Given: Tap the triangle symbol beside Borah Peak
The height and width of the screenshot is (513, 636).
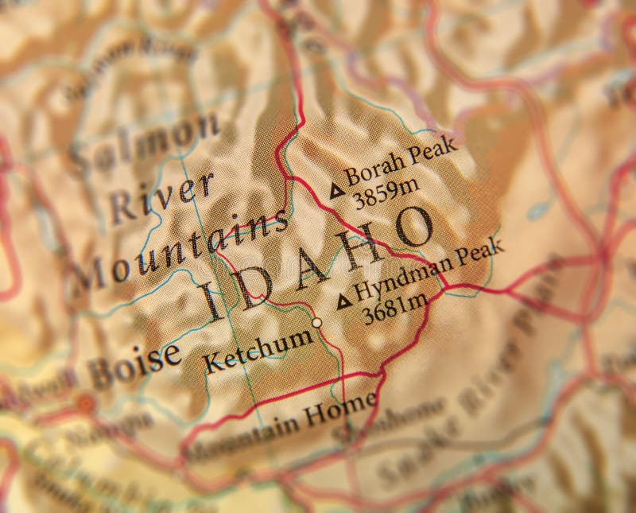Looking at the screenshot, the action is [x=337, y=190].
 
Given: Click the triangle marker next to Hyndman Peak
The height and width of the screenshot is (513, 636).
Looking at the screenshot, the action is [x=343, y=301].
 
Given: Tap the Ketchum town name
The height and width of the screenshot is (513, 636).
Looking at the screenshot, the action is [x=258, y=349].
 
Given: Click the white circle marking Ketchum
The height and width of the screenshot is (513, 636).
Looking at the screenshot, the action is [x=317, y=323].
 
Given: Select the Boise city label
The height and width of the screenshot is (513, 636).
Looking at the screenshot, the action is [x=134, y=365].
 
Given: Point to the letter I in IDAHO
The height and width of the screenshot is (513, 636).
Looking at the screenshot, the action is [x=210, y=301].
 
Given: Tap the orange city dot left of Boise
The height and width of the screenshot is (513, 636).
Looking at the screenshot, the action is [x=84, y=403].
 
